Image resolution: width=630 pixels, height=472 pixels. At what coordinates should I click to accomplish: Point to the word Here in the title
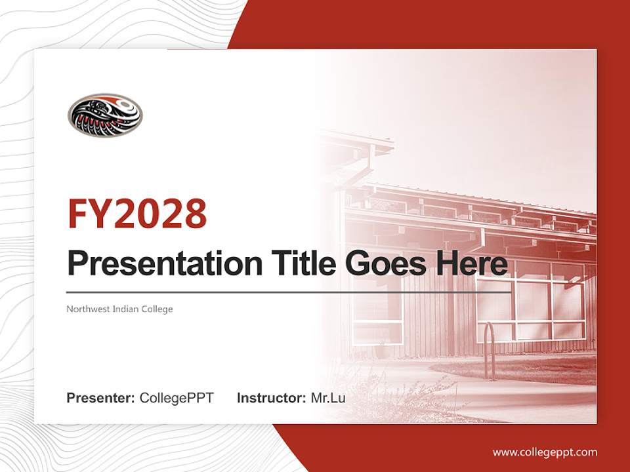[475, 264]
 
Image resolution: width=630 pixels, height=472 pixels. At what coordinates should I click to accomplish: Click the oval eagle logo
[104, 115]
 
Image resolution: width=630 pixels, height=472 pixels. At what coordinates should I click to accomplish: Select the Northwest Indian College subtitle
[119, 309]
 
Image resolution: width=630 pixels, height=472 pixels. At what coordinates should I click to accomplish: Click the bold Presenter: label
[101, 398]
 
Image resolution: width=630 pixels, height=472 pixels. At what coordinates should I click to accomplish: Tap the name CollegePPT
[177, 398]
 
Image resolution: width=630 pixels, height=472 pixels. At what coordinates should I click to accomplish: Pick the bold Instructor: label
[271, 398]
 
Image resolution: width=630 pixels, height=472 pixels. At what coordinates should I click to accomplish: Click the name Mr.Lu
[327, 398]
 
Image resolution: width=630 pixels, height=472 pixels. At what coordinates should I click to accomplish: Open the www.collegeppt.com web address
[545, 452]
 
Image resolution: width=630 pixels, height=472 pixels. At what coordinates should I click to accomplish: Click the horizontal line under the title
[289, 292]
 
